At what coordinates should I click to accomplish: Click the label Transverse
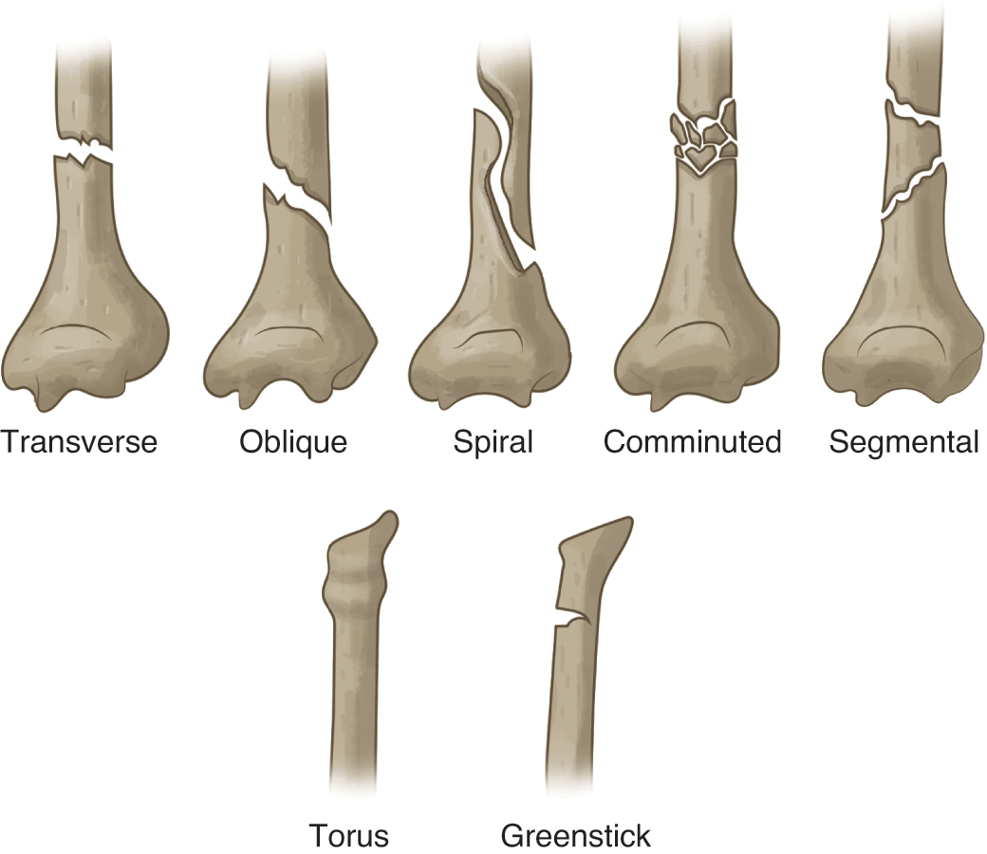pos(79,442)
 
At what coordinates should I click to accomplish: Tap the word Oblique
pos(293,442)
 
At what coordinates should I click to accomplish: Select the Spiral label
pos(493,442)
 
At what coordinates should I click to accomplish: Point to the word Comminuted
pos(693,442)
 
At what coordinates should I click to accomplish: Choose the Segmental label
pos(903,442)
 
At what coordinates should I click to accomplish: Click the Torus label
pos(349,836)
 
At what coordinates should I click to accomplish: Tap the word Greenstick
pos(576,836)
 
